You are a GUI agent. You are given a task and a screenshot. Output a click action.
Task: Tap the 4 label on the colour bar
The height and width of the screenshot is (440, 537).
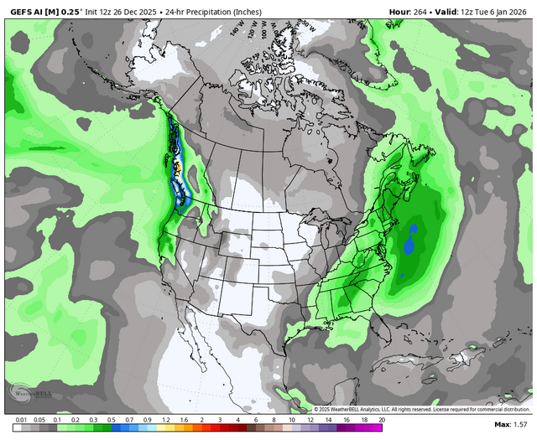click(x=238, y=418)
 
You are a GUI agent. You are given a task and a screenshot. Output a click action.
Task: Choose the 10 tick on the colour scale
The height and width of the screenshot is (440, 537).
click(x=293, y=418)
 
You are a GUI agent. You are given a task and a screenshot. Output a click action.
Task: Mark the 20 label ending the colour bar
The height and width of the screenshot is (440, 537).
click(x=382, y=418)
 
